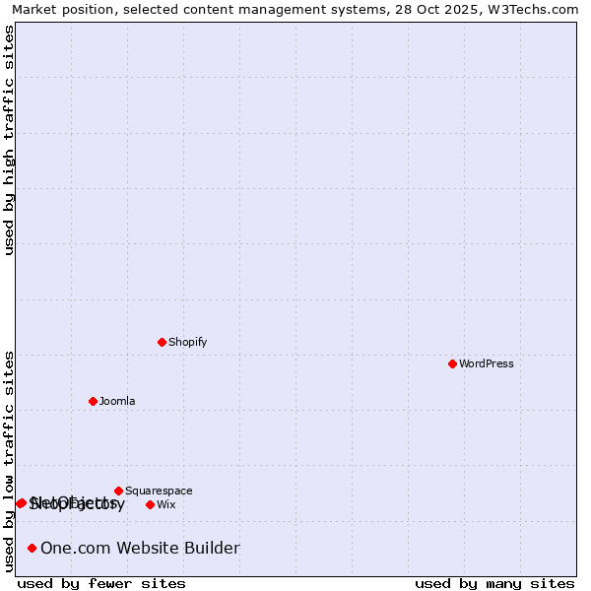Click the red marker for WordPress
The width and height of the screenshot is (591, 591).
(452, 363)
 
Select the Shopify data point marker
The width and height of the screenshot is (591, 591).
(162, 342)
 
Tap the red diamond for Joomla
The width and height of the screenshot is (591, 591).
(93, 401)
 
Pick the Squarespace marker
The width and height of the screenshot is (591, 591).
(118, 491)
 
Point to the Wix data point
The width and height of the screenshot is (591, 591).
(150, 504)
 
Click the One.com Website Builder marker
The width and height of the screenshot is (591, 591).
(32, 548)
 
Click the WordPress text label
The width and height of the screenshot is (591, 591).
(487, 363)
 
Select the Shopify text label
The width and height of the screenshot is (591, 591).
(188, 342)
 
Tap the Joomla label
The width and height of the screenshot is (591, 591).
(117, 401)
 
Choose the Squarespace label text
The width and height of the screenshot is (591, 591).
(159, 491)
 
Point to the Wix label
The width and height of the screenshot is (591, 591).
(166, 504)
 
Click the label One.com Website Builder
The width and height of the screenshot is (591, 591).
(140, 548)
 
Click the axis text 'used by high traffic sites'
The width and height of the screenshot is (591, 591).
(10, 140)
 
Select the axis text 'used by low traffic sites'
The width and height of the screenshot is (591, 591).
(10, 461)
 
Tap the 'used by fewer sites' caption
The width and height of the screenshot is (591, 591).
(101, 583)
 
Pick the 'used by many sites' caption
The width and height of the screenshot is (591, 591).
(494, 583)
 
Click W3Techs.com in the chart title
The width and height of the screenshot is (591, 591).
(539, 9)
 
